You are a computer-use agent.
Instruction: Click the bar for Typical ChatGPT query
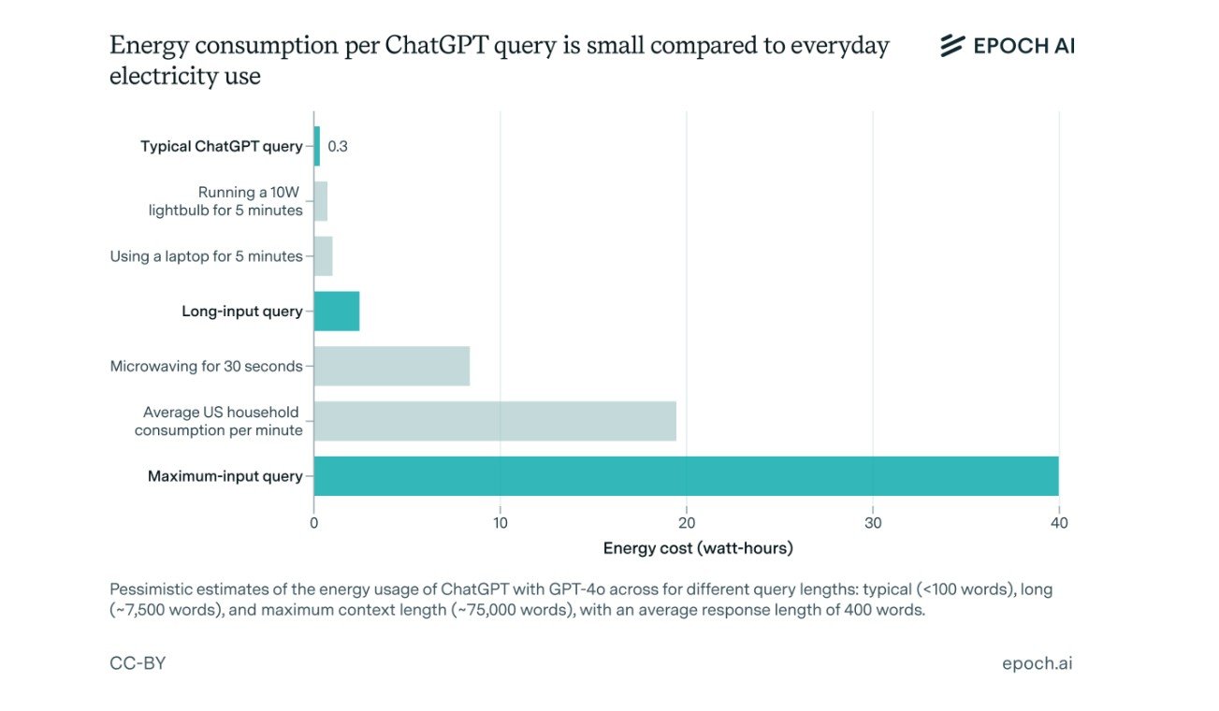coord(317,146)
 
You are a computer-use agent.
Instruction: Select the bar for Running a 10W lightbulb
coord(321,201)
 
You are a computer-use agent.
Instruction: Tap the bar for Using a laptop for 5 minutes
coord(324,256)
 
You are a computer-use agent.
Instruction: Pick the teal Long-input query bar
coord(337,312)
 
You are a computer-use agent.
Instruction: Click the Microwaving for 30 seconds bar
coord(392,366)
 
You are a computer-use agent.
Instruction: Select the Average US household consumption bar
coord(495,421)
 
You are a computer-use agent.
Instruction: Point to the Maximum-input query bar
coord(686,476)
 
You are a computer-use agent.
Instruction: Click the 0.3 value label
coord(338,147)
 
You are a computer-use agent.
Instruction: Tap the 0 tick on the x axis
coord(314,523)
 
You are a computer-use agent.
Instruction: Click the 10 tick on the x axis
coord(501,523)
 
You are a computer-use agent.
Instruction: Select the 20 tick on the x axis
coord(687,523)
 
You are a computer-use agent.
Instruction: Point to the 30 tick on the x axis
coord(873,523)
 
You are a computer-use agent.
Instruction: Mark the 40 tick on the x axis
coord(1058,523)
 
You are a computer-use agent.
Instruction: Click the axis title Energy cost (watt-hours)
coord(698,548)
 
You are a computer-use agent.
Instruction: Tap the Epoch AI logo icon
coord(952,46)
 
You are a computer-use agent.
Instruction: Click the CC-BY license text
coord(138,663)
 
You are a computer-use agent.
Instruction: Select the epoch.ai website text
coord(1037,663)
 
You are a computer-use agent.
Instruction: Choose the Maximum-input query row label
coord(225,476)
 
